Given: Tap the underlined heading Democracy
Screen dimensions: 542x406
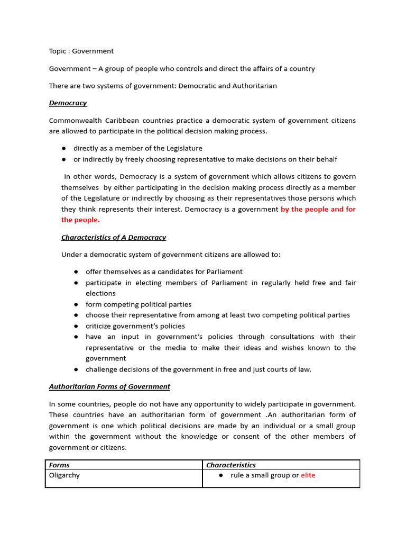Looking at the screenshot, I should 68,103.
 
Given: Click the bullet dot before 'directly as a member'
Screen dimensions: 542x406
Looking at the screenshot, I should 63,149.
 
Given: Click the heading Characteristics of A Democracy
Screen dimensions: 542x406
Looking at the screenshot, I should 114,238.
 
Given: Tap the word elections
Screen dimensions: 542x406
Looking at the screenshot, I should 100,293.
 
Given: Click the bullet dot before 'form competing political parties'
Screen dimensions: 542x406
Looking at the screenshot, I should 76,304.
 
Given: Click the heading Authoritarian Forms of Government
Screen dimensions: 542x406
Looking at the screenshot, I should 109,387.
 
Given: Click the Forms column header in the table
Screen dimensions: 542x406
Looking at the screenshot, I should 60,465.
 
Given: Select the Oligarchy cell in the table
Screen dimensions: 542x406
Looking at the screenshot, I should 64,475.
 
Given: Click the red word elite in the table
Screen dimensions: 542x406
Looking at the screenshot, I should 308,475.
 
